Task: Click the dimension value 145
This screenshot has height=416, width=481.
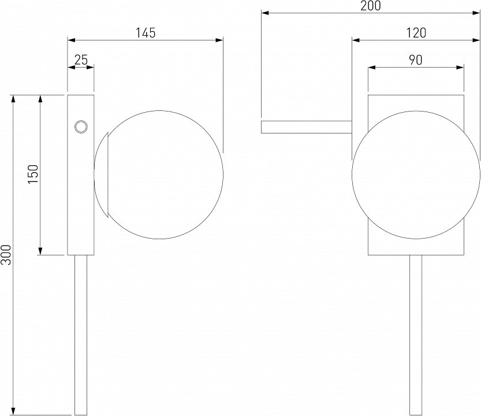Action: [x=146, y=33]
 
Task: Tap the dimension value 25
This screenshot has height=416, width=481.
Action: [x=81, y=60]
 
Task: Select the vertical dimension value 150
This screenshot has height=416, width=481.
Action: [x=33, y=174]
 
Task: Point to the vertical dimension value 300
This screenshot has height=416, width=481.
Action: [x=6, y=255]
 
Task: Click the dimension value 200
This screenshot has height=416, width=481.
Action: [x=371, y=6]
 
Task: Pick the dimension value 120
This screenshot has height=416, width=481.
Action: [x=416, y=33]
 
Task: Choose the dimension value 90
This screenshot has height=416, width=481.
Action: [x=416, y=60]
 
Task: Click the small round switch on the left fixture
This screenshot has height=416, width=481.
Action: [x=81, y=127]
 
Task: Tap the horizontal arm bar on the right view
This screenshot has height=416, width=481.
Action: [x=307, y=127]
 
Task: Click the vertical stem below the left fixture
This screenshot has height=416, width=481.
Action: [x=81, y=335]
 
